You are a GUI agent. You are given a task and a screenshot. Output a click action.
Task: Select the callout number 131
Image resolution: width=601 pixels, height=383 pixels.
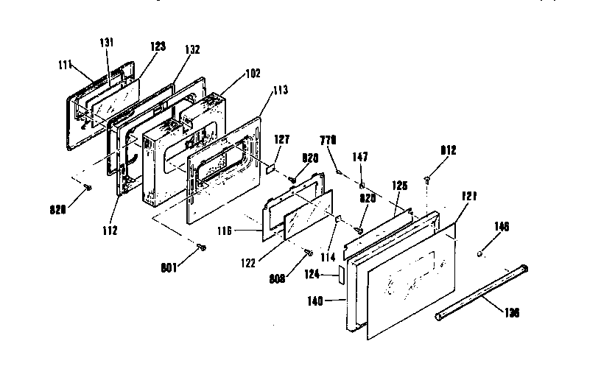(x=107, y=43)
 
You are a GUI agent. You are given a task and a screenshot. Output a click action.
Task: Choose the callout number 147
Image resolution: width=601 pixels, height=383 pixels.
(x=361, y=157)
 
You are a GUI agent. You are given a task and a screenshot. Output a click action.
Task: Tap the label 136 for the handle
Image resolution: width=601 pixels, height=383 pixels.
(x=510, y=312)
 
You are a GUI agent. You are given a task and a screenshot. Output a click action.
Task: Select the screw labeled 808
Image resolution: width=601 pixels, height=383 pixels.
(x=308, y=253)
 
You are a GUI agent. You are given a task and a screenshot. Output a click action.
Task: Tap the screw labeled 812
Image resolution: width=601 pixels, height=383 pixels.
(x=427, y=178)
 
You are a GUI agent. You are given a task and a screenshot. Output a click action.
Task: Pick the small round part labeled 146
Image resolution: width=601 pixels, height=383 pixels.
(x=479, y=254)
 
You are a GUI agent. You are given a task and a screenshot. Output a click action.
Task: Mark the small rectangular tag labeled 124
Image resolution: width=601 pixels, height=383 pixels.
(x=340, y=275)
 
